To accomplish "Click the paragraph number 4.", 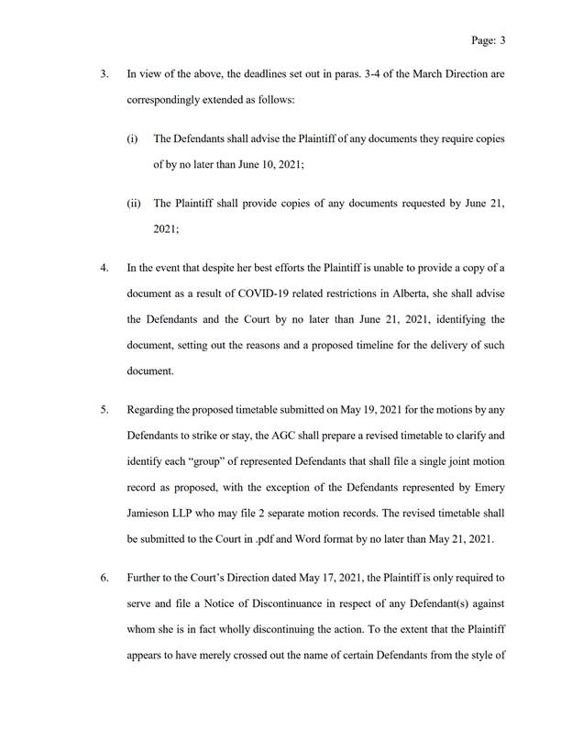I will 104,268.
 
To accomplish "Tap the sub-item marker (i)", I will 132,138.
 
